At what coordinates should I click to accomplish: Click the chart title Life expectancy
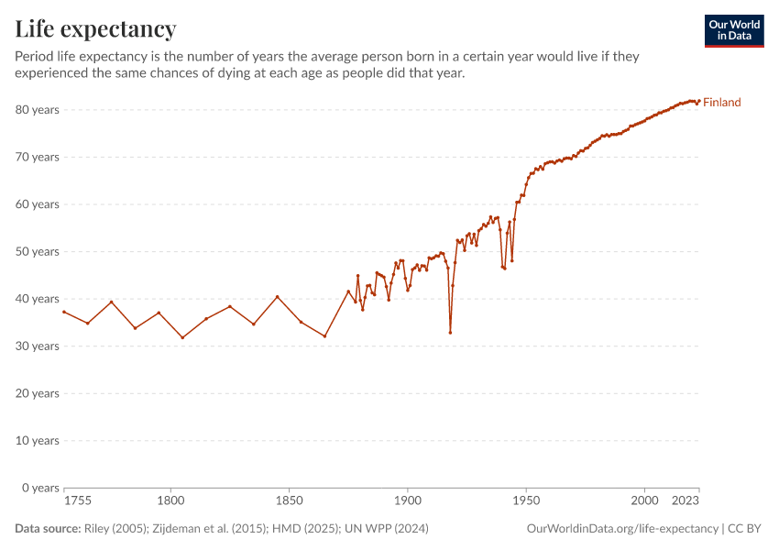(95, 28)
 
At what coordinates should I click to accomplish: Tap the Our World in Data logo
(734, 30)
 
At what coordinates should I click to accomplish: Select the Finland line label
(722, 103)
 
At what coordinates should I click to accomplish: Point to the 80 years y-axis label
(38, 110)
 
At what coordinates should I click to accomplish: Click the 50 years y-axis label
(38, 251)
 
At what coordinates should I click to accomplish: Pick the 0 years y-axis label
(42, 488)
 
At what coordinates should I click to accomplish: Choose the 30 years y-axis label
(38, 346)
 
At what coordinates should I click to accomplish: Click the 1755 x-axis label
(78, 501)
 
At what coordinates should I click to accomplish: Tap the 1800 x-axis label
(170, 501)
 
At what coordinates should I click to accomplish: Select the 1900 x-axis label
(408, 501)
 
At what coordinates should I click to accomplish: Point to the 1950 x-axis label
(526, 501)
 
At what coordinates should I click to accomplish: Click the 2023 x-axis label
(686, 501)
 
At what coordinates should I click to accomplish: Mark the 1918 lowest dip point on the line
(450, 332)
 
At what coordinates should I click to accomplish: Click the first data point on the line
(64, 312)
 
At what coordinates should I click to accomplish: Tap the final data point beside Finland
(699, 101)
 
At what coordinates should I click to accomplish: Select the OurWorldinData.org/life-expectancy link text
(622, 529)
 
